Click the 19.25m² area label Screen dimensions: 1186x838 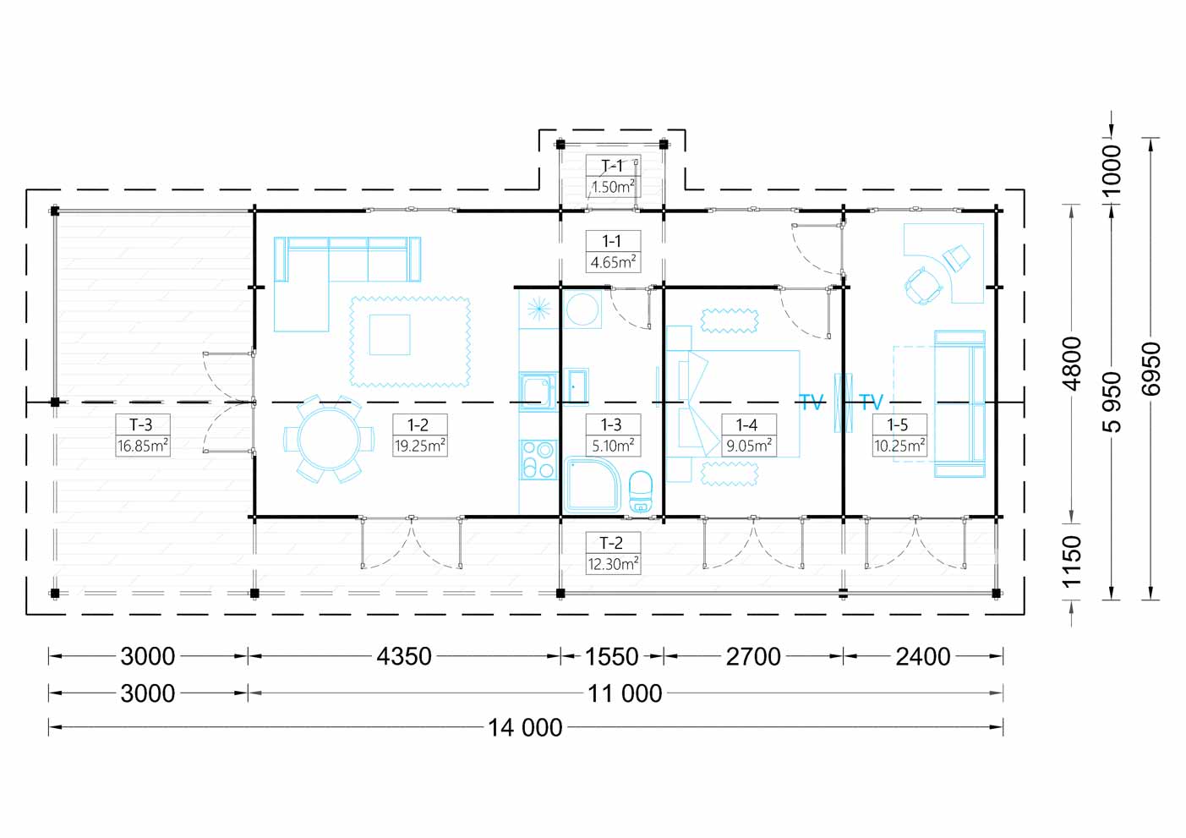[420, 446]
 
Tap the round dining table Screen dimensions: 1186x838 [329, 439]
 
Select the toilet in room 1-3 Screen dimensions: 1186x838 [641, 491]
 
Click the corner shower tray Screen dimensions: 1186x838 [593, 485]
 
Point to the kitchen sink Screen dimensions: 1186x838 [538, 392]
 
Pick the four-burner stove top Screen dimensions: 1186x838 [538, 460]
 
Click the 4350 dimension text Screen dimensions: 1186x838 [404, 657]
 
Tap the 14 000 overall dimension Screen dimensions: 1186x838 [525, 728]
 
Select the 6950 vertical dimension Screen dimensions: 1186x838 [1151, 369]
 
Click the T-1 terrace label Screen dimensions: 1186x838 [613, 167]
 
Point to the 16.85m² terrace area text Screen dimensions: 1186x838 [142, 446]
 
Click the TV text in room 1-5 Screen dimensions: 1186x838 [871, 402]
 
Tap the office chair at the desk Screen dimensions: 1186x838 [923, 286]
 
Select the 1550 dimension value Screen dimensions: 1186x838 [611, 657]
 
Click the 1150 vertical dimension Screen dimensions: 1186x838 [1072, 561]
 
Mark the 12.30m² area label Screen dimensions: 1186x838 [613, 564]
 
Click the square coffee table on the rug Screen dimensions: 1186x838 [390, 335]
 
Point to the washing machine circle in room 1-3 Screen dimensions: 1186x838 [582, 309]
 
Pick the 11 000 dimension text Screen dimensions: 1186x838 [625, 693]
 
